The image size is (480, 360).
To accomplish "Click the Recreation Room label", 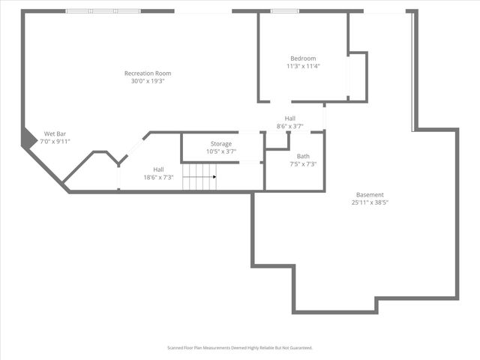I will [148, 73].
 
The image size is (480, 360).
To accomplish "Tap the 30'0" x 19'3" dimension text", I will [148, 81].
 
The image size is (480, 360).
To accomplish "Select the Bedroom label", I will [303, 58].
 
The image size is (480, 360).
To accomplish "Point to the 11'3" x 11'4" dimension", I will [303, 66].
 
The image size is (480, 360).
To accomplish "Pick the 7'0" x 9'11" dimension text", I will [55, 141].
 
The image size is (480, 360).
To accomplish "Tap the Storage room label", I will [220, 143].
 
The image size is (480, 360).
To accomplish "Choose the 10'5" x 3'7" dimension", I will [220, 151].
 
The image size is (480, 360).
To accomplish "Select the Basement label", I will [370, 194].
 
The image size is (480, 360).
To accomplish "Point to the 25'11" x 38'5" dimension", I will [370, 202].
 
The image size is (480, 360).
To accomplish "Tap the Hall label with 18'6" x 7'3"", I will [158, 169].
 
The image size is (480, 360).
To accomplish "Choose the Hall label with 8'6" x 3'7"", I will [289, 118].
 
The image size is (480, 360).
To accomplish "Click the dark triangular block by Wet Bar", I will [27, 138].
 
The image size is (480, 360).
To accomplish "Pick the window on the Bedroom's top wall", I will [282, 11].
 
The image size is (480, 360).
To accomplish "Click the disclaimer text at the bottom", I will [239, 348].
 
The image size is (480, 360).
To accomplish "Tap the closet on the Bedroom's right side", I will [358, 76].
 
